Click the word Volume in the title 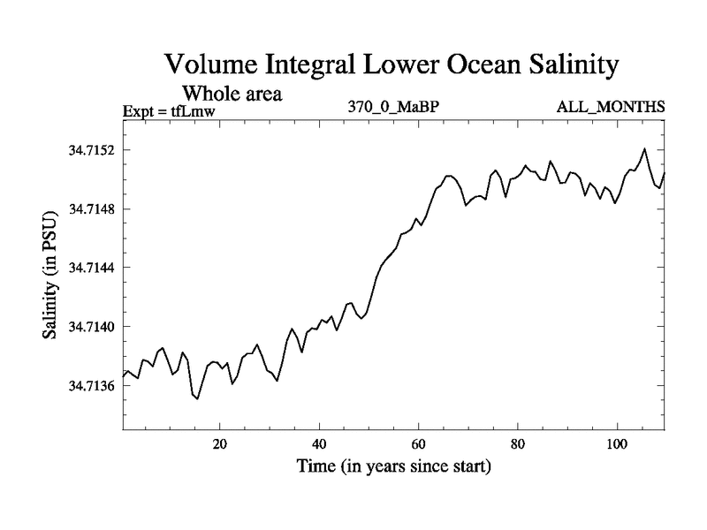click(x=210, y=65)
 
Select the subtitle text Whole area click(x=232, y=93)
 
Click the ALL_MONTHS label click(x=610, y=108)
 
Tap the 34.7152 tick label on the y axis click(x=92, y=150)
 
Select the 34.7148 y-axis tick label click(x=92, y=209)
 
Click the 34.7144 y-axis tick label click(x=92, y=268)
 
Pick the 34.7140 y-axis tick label click(x=92, y=327)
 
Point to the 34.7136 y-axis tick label click(x=92, y=386)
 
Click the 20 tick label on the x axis click(x=220, y=443)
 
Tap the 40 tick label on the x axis click(x=320, y=443)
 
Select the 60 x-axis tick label click(x=419, y=443)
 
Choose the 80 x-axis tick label click(x=518, y=443)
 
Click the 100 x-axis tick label click(x=616, y=443)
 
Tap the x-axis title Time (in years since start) click(x=392, y=465)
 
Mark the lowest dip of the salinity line click(x=197, y=398)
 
